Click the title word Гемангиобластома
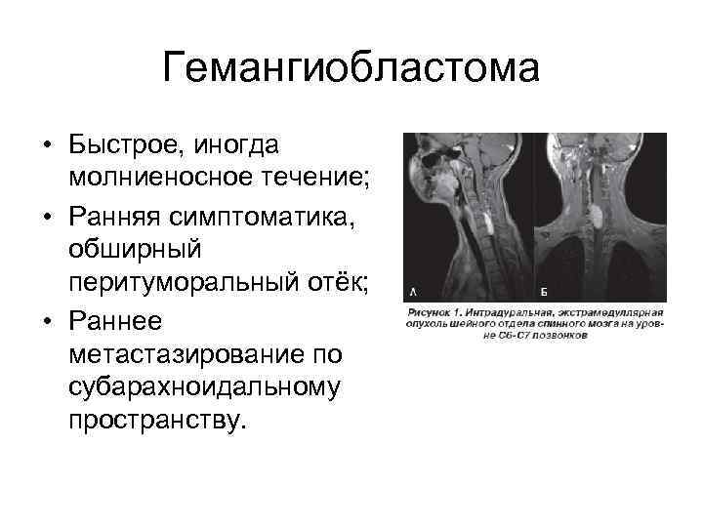(x=351, y=69)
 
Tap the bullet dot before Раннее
(x=46, y=320)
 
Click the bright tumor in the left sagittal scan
(x=485, y=221)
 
